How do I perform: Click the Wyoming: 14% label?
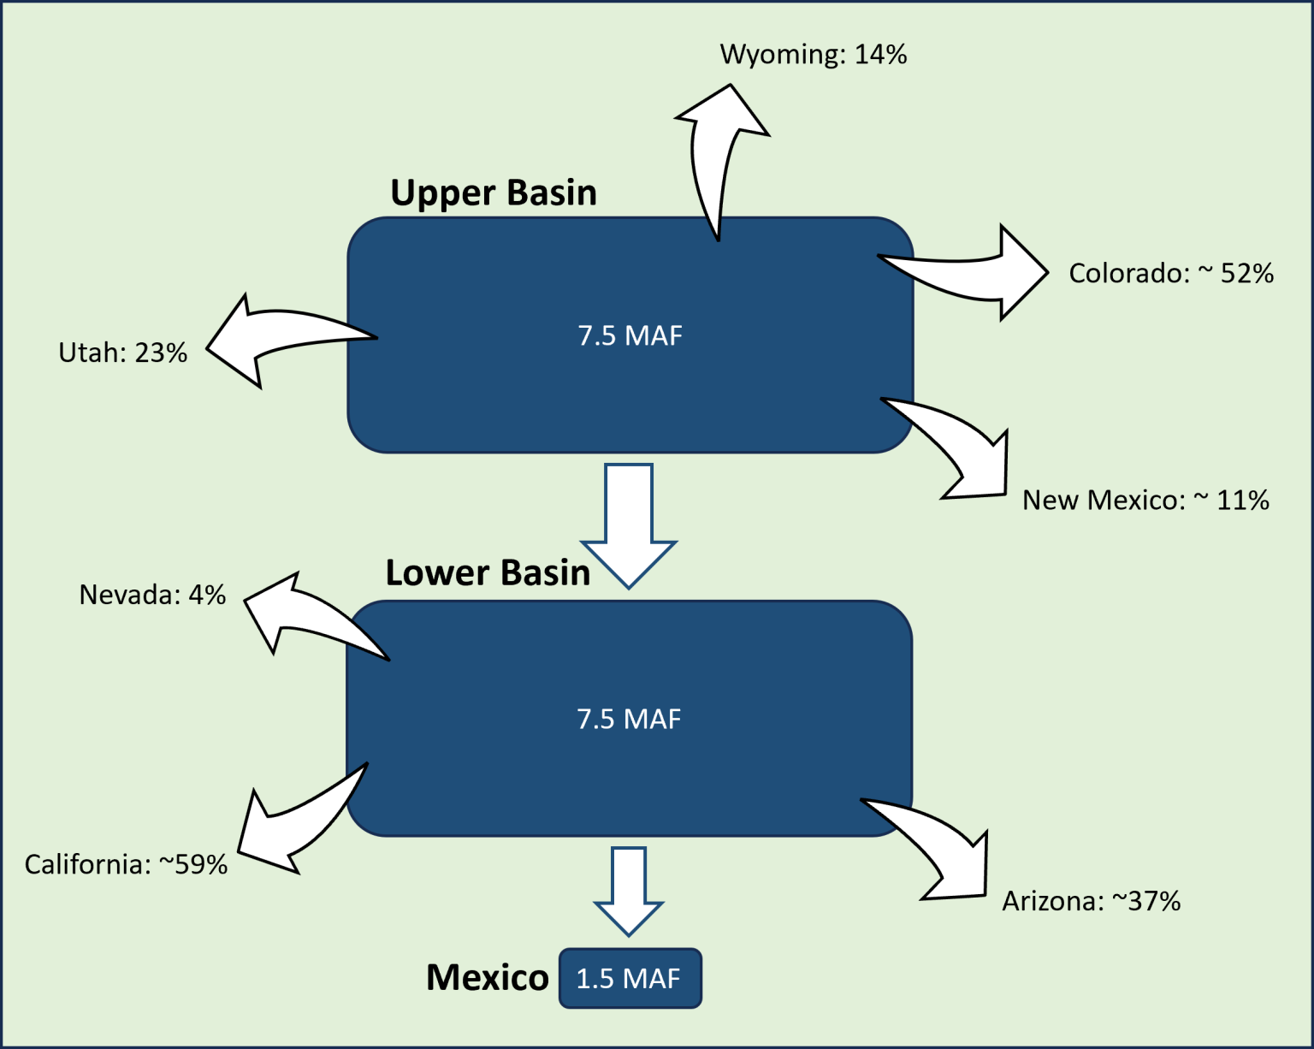[x=813, y=55]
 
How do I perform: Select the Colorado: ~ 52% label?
[x=1170, y=274]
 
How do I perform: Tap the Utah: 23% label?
[x=122, y=353]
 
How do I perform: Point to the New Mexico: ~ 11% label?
[x=1145, y=501]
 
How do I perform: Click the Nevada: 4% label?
[x=152, y=595]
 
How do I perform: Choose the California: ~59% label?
[x=126, y=864]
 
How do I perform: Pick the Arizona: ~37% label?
[x=1091, y=901]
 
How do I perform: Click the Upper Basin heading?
[x=494, y=193]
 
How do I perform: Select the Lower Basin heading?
[x=488, y=573]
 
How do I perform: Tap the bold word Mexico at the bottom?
[x=487, y=977]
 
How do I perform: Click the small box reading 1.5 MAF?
[x=630, y=978]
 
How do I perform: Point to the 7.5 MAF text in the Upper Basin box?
[x=630, y=335]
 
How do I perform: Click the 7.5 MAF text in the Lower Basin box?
[x=629, y=719]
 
